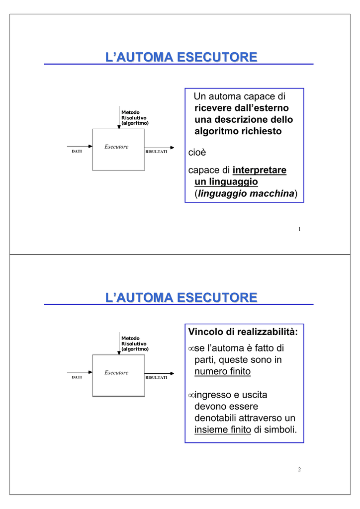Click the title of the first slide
(x=181, y=58)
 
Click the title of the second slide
(x=181, y=298)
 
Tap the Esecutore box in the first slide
(x=118, y=150)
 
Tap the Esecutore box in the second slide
(x=118, y=375)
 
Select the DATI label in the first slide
(x=77, y=152)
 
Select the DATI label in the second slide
(x=77, y=378)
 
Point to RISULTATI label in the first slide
(x=156, y=152)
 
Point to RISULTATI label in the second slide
(x=156, y=378)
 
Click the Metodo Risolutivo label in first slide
(x=135, y=117)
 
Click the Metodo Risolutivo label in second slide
(x=135, y=343)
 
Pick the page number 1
(x=300, y=229)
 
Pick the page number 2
(x=300, y=470)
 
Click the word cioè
(x=197, y=152)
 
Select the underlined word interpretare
(x=260, y=170)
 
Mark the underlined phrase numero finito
(x=222, y=371)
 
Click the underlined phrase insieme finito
(x=222, y=430)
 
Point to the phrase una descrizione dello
(x=243, y=120)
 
